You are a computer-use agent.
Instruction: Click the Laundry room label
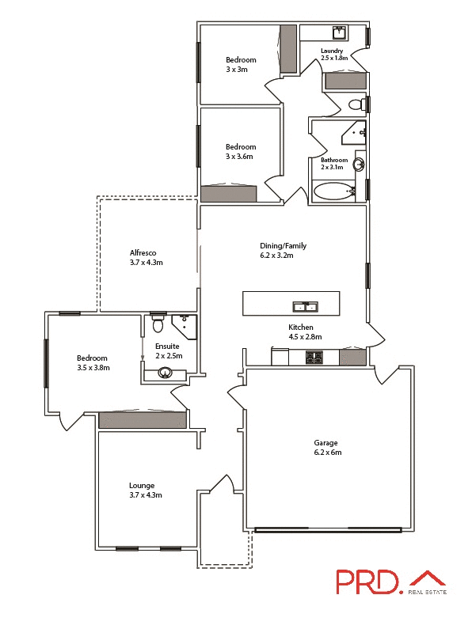click(x=332, y=51)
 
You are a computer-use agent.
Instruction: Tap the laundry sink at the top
click(x=339, y=32)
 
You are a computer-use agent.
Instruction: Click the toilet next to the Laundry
click(x=357, y=104)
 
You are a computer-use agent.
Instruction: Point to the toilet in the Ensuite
click(x=158, y=324)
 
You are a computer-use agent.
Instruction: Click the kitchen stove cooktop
click(x=314, y=358)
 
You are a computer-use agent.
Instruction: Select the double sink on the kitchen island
click(x=305, y=306)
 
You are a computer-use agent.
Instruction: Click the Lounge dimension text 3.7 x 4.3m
click(x=146, y=495)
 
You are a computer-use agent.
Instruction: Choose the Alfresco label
click(x=143, y=253)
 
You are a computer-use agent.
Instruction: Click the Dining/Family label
click(x=283, y=245)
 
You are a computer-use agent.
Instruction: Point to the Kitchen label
click(x=301, y=328)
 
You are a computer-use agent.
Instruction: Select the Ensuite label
click(x=168, y=347)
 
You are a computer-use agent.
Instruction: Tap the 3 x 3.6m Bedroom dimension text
click(x=241, y=157)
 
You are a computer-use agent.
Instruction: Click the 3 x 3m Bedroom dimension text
click(x=237, y=70)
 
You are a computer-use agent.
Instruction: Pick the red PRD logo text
click(x=367, y=582)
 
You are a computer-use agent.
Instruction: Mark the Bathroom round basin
click(x=359, y=165)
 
